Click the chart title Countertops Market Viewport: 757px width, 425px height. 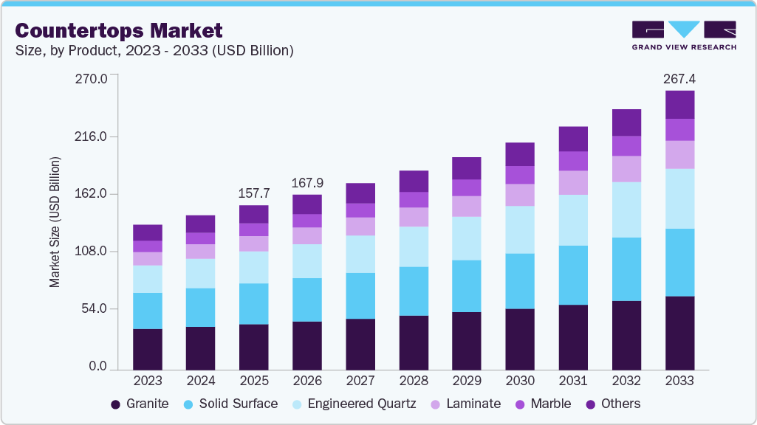pyautogui.click(x=118, y=30)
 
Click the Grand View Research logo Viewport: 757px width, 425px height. pyautogui.click(x=684, y=35)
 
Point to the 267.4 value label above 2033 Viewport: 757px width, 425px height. pyautogui.click(x=679, y=78)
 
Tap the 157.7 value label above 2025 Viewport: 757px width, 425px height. pyautogui.click(x=253, y=193)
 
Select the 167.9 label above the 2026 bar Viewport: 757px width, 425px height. pyautogui.click(x=307, y=182)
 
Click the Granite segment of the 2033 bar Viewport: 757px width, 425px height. pyautogui.click(x=679, y=332)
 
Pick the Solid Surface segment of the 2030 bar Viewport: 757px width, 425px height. pyautogui.click(x=520, y=281)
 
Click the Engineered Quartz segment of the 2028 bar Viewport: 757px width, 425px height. pyautogui.click(x=414, y=246)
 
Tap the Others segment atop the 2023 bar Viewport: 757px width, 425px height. pyautogui.click(x=147, y=232)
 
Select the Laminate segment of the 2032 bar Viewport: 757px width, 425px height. pyautogui.click(x=626, y=169)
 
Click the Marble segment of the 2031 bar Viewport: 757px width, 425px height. pyautogui.click(x=573, y=161)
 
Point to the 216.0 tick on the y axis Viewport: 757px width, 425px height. pyautogui.click(x=92, y=137)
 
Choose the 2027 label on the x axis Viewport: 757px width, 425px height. pyautogui.click(x=360, y=381)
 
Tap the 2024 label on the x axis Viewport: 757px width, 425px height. pyautogui.click(x=200, y=381)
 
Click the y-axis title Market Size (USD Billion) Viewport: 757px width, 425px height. pyautogui.click(x=55, y=222)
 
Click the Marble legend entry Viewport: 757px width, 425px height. pyautogui.click(x=544, y=404)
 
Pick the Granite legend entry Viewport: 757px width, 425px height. pyautogui.click(x=140, y=404)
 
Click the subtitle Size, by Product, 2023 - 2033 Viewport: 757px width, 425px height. pyautogui.click(x=155, y=51)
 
